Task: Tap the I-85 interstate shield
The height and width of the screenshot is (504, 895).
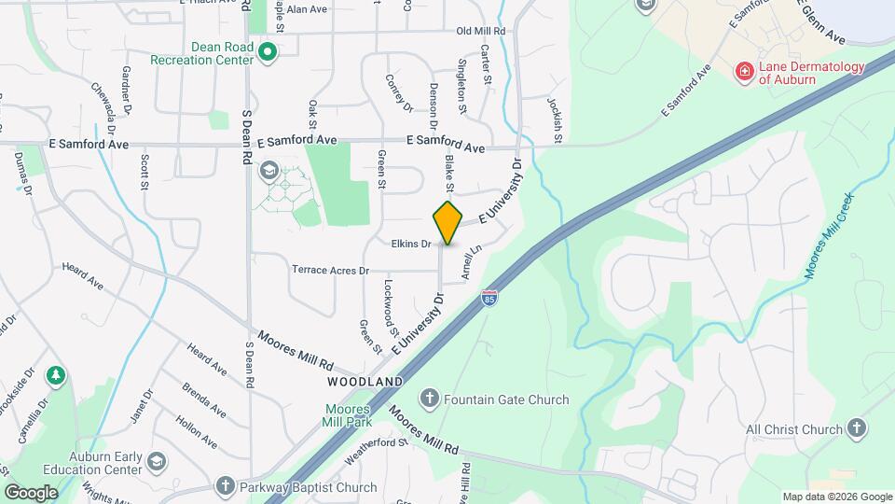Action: click(489, 298)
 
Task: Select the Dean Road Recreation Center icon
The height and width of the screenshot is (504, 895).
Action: click(268, 52)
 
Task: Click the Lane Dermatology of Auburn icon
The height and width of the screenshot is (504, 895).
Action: click(744, 72)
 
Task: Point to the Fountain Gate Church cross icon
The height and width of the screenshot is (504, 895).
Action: click(430, 399)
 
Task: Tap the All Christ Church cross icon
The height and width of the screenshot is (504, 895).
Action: click(857, 428)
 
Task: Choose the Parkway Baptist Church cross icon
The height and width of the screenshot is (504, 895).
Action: click(225, 486)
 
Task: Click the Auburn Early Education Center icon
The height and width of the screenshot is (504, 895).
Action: click(157, 462)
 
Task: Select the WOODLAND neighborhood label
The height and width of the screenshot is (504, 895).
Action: click(365, 382)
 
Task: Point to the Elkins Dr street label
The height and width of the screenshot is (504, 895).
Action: click(411, 245)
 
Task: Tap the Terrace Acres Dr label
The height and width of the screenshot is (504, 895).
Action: click(330, 270)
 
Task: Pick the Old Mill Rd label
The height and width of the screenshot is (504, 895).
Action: click(481, 31)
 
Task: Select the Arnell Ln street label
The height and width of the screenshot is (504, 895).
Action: click(471, 264)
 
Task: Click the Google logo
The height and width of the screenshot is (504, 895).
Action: click(31, 492)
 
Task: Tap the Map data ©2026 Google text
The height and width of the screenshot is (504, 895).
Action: click(836, 497)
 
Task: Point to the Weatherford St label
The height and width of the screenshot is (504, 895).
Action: click(378, 450)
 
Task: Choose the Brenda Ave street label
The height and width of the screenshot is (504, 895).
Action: click(203, 399)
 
